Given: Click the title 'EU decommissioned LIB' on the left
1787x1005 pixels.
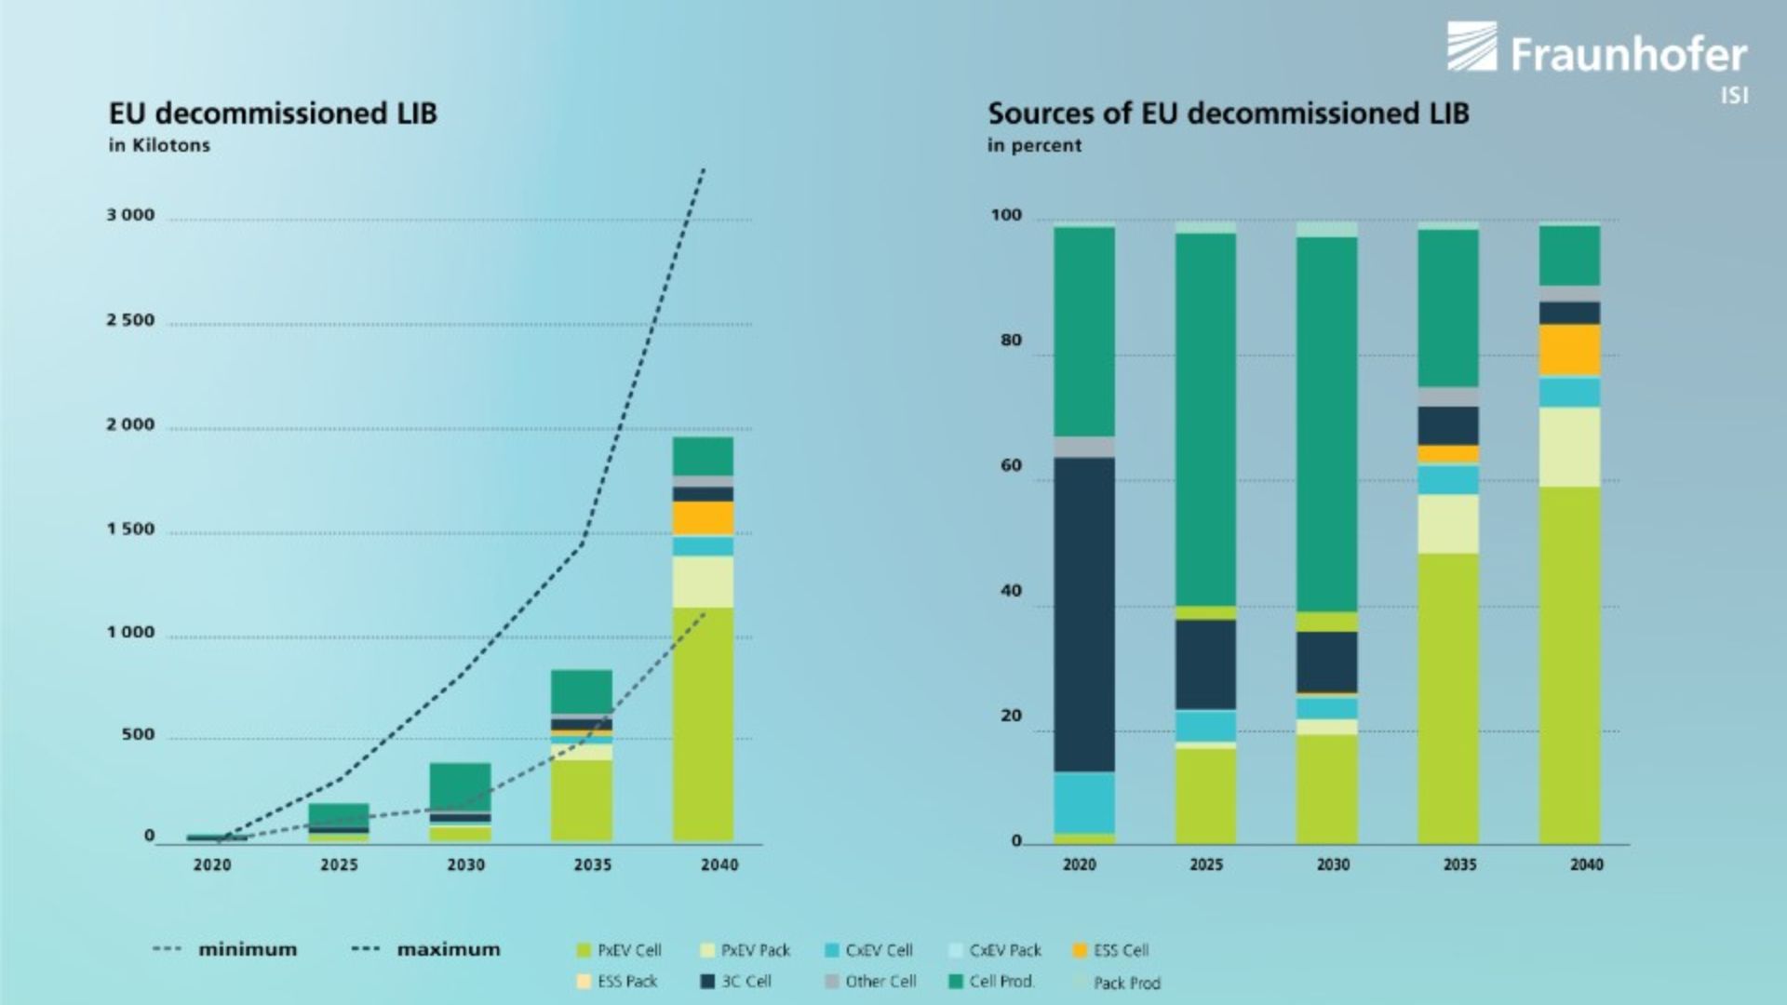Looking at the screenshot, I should tap(273, 114).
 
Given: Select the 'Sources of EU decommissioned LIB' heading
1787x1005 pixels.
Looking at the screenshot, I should tap(1228, 114).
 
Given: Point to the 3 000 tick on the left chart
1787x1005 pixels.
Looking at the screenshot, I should tap(130, 215).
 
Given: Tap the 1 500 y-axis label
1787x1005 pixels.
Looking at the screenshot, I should tap(130, 529).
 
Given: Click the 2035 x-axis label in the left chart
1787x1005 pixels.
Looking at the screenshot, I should tap(592, 864).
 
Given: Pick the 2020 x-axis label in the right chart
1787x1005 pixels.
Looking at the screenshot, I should tap(1080, 864).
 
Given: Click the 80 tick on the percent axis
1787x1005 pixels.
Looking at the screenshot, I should tap(1011, 341).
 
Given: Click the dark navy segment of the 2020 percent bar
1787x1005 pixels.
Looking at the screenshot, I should tap(1084, 614).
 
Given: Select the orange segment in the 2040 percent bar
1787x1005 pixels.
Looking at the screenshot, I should tap(1569, 351).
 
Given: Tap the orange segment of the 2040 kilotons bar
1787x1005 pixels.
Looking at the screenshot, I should tap(703, 518).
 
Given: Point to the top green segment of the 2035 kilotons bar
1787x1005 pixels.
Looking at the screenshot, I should tap(582, 691).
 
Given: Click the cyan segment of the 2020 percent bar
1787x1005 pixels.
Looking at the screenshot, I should tap(1084, 802).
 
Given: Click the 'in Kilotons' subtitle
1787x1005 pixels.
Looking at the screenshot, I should tap(159, 145).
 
